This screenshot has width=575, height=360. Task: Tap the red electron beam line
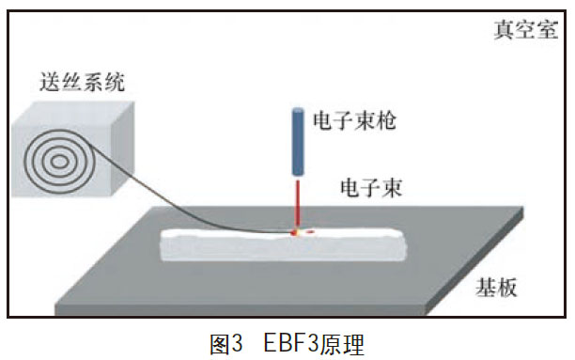[x=298, y=202]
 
